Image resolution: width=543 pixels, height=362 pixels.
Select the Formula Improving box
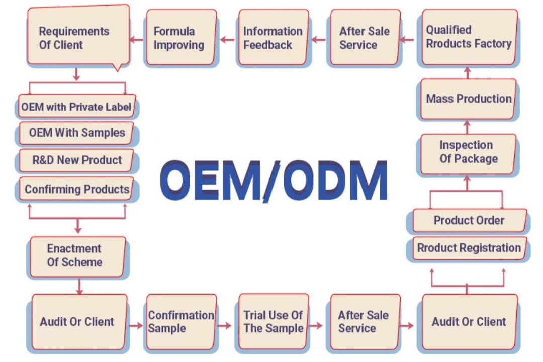click(x=180, y=38)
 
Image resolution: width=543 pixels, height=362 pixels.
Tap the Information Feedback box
click(x=273, y=38)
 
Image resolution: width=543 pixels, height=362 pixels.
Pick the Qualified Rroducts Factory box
click(x=469, y=37)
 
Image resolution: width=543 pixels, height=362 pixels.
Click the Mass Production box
click(x=469, y=99)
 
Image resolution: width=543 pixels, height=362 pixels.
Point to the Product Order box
click(x=469, y=220)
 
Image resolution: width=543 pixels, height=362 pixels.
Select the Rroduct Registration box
click(x=469, y=248)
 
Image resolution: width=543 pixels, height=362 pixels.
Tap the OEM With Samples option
click(x=76, y=133)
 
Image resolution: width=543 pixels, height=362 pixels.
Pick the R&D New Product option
click(x=76, y=160)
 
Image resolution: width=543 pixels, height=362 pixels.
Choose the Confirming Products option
click(x=76, y=190)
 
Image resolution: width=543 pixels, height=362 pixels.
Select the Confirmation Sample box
click(x=181, y=322)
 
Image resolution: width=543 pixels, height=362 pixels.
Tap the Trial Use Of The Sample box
click(x=273, y=322)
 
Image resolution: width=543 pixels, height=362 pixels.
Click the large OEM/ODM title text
click(x=274, y=179)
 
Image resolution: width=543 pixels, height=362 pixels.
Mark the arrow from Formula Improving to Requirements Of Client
click(x=137, y=39)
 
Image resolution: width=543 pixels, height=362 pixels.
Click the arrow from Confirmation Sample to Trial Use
click(x=225, y=326)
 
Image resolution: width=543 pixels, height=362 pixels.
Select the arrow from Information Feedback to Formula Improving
click(x=228, y=39)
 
